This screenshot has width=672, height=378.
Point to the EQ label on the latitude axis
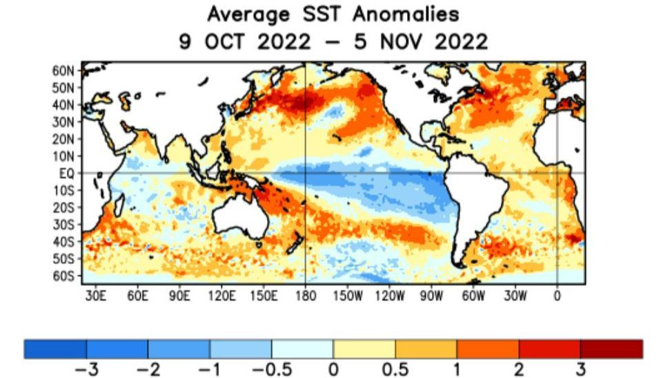point(68,173)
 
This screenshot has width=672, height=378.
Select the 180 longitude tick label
point(305,296)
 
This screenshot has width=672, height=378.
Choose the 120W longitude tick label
point(390,296)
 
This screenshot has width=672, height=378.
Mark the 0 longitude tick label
point(557,296)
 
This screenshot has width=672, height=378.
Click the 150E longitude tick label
point(264,296)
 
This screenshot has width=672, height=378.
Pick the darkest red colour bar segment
point(611,348)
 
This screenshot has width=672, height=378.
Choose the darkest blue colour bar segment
point(55,348)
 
